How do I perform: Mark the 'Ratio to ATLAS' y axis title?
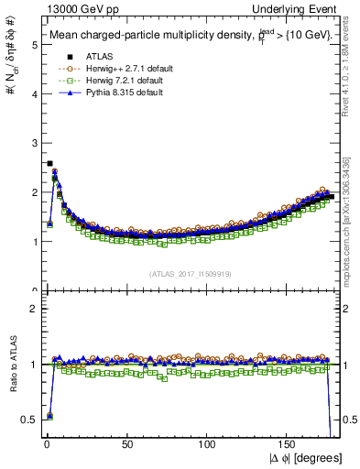[13, 364]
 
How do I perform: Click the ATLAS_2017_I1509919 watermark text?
[189, 274]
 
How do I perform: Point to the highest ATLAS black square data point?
[49, 164]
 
